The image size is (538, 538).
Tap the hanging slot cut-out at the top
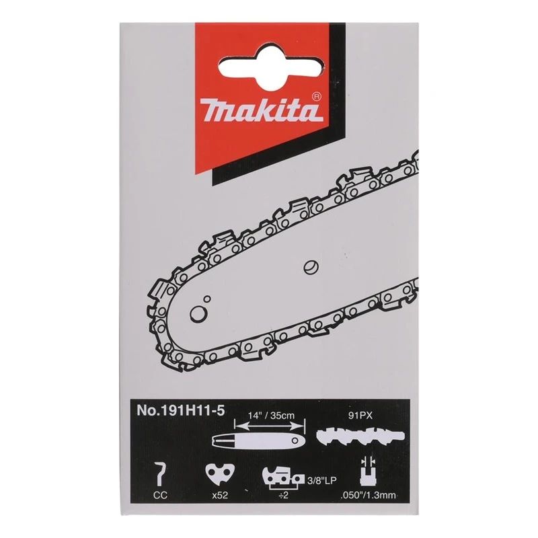click(x=269, y=65)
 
